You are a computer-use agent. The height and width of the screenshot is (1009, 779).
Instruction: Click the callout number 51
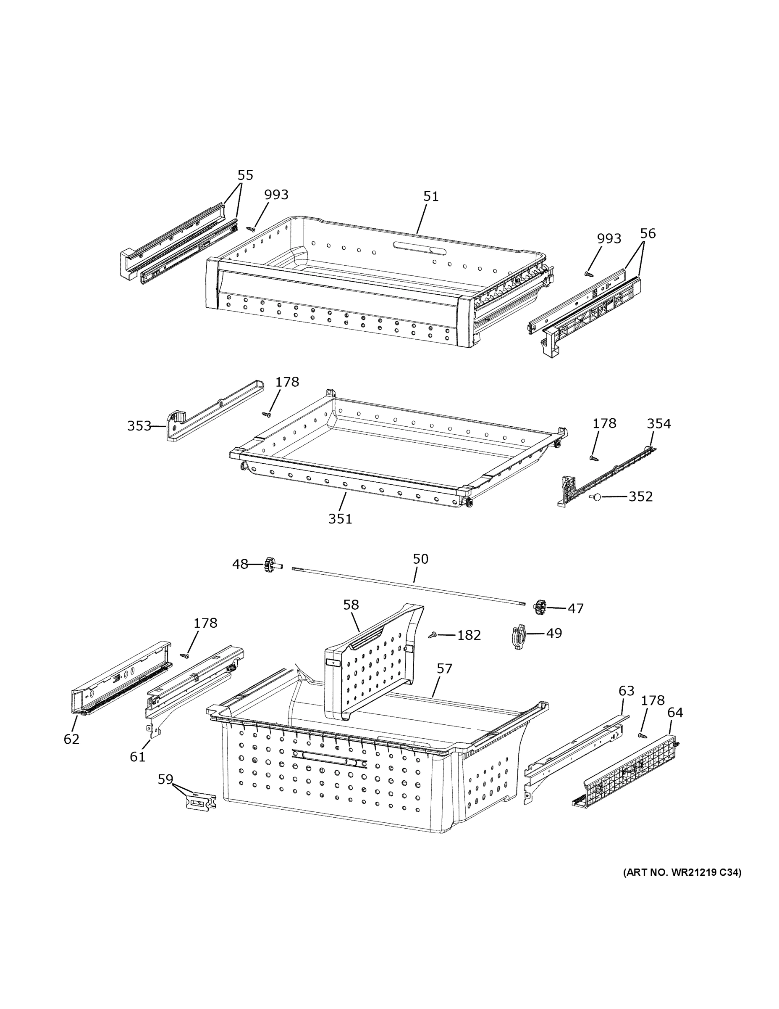click(430, 196)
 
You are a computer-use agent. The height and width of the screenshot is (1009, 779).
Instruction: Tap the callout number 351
click(340, 519)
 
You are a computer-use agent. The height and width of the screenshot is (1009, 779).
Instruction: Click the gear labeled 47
click(540, 607)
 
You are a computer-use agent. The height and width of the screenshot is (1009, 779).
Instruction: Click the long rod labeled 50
click(409, 586)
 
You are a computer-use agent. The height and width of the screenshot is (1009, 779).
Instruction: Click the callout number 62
click(71, 739)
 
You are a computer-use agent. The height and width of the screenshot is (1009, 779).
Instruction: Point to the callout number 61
click(137, 757)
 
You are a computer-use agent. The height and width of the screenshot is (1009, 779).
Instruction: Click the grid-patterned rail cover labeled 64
click(628, 772)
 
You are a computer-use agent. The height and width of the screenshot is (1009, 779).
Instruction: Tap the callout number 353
click(139, 425)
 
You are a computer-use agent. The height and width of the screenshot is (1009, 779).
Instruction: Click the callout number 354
click(658, 424)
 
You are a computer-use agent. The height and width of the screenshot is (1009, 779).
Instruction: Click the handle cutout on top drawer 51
click(420, 247)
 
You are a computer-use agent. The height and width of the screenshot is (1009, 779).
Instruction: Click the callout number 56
click(648, 233)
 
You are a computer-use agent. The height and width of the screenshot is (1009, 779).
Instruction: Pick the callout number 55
click(246, 175)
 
